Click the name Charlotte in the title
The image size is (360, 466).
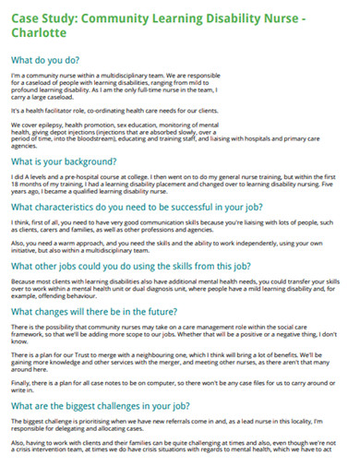[x=38, y=32]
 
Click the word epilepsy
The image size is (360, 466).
[x=46, y=123]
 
